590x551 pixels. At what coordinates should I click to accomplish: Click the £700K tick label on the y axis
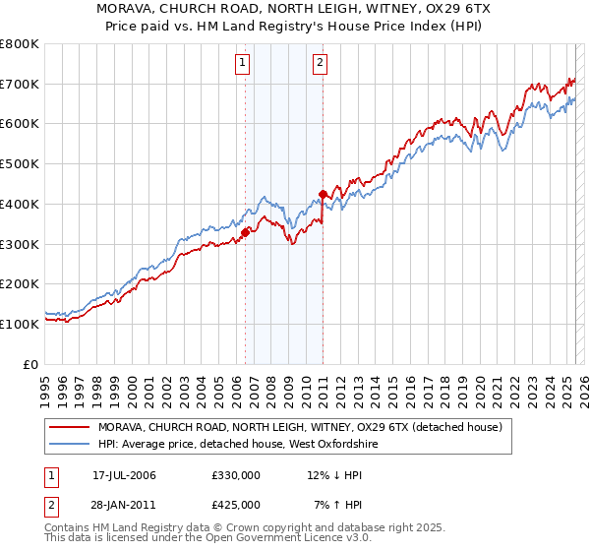click(x=20, y=85)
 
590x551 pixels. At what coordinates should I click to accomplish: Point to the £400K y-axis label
click(x=20, y=205)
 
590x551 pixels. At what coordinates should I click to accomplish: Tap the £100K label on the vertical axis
click(x=20, y=324)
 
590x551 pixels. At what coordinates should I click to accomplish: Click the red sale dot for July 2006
click(x=246, y=232)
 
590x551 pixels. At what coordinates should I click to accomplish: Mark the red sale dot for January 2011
click(x=324, y=194)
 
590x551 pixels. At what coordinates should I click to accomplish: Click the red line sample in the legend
click(x=69, y=427)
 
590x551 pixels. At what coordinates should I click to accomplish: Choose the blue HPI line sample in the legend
click(x=69, y=445)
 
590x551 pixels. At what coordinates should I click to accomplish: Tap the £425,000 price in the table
click(x=236, y=504)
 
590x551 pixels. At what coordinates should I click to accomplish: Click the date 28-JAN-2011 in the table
click(x=124, y=504)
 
